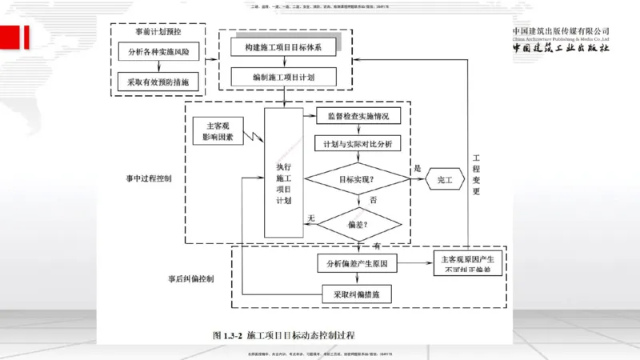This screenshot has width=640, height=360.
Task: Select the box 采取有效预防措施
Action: tap(158, 82)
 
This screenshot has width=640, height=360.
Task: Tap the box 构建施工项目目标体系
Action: tap(283, 48)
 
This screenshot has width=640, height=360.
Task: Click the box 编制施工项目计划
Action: tap(283, 77)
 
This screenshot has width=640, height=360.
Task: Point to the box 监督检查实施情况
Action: tap(353, 116)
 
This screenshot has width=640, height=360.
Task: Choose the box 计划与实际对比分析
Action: tap(353, 145)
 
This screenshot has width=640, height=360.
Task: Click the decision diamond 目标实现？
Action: tap(353, 179)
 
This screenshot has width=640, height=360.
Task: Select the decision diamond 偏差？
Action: tap(353, 224)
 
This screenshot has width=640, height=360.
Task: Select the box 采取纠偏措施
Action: tap(356, 294)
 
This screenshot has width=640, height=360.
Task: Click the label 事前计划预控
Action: tap(159, 31)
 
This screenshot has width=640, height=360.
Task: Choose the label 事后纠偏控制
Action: tap(191, 279)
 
